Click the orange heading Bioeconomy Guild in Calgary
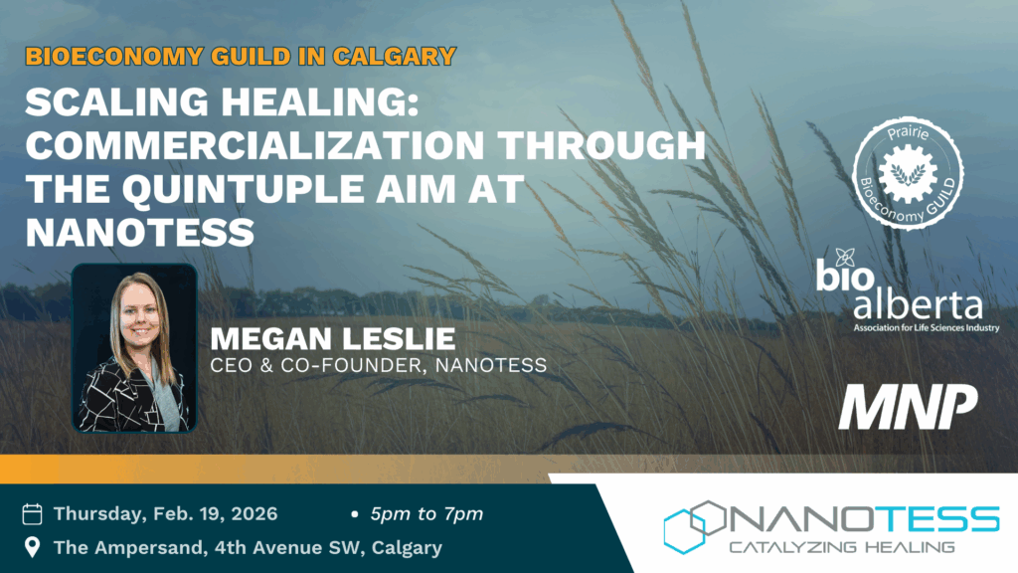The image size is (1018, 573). [241, 57]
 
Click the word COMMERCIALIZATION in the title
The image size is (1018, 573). [255, 145]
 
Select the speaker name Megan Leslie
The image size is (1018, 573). [332, 338]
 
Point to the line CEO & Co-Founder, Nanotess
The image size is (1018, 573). [379, 365]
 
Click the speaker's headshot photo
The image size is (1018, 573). [134, 347]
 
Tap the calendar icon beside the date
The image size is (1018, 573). [32, 514]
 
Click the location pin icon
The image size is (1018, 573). [32, 547]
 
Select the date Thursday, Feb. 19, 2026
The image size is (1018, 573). [166, 514]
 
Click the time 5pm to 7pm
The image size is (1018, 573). [426, 514]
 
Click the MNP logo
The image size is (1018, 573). [908, 406]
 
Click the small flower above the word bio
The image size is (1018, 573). [845, 258]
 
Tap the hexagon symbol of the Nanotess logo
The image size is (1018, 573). [694, 526]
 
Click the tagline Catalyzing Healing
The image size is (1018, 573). [842, 547]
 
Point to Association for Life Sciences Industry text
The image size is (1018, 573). [927, 328]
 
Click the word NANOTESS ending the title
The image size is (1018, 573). [139, 233]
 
